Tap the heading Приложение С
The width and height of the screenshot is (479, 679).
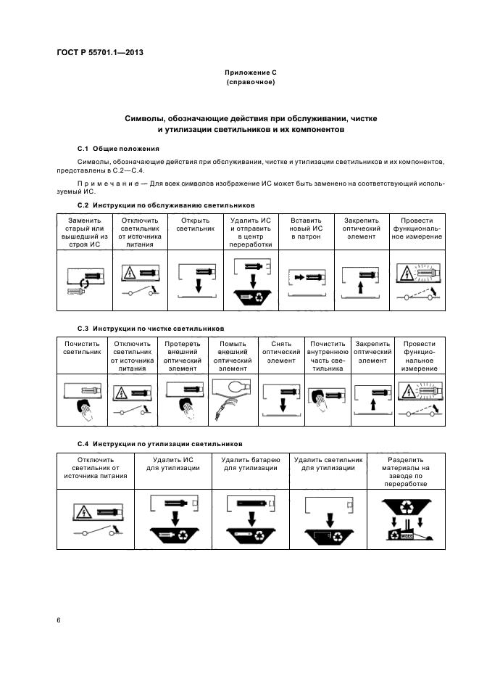[251, 73]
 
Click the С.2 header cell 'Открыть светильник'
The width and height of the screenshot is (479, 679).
[196, 225]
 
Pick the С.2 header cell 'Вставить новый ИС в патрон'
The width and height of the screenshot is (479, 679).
[306, 229]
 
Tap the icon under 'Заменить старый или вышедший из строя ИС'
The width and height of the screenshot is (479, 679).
[84, 280]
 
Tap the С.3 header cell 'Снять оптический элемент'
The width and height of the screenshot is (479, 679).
[282, 352]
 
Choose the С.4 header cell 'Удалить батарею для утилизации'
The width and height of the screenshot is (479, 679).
[250, 464]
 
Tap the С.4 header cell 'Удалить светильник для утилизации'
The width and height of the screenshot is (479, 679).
[328, 464]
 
